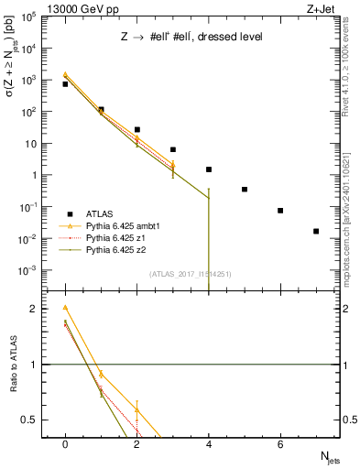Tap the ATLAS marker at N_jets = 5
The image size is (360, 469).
(245, 190)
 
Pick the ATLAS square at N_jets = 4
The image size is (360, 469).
(209, 169)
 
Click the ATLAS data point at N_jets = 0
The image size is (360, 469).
(65, 84)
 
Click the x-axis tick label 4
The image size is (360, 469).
(209, 444)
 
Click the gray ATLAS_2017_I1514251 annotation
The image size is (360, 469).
(191, 274)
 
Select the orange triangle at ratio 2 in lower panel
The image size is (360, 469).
(65, 308)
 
